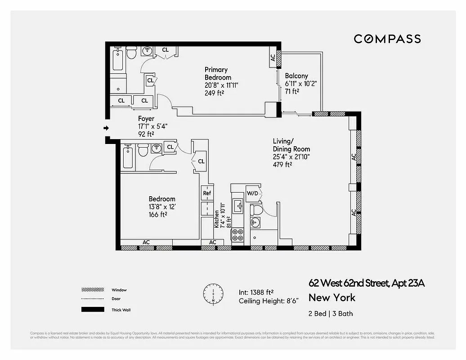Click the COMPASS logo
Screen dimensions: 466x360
point(387,39)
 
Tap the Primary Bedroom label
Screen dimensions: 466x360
point(218,73)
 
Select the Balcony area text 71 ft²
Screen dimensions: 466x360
point(292,91)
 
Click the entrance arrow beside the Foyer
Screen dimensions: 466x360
point(106,128)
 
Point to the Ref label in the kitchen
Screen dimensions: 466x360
point(207,193)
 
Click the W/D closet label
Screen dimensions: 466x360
point(252,193)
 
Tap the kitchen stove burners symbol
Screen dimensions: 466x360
point(238,235)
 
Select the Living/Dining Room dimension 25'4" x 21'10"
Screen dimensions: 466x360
point(291,157)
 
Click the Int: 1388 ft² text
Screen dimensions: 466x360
point(256,292)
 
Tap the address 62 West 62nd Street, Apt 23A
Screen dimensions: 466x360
point(366,283)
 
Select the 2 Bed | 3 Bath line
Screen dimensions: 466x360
point(327,314)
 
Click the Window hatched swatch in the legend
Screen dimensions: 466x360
point(90,290)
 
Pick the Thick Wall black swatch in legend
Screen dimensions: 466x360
point(90,310)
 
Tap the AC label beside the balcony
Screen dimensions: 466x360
point(273,58)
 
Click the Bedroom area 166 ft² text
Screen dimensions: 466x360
point(158,215)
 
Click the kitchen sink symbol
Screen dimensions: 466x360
point(238,207)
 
